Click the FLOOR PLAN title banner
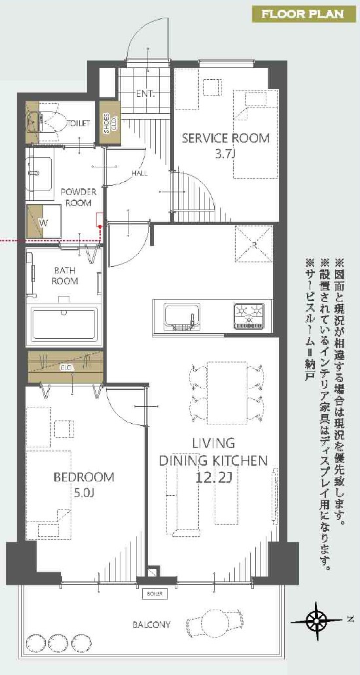[x=303, y=14]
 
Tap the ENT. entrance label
[x=145, y=94]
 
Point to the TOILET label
[x=79, y=123]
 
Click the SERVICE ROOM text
[x=226, y=138]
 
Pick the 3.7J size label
[x=225, y=154]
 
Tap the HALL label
[x=140, y=173]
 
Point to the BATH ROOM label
[x=65, y=276]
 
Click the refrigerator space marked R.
[x=254, y=244]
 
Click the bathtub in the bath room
[x=63, y=324]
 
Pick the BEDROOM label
[x=84, y=477]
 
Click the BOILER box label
[x=154, y=594]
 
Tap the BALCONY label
[x=151, y=624]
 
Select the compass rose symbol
[x=317, y=620]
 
